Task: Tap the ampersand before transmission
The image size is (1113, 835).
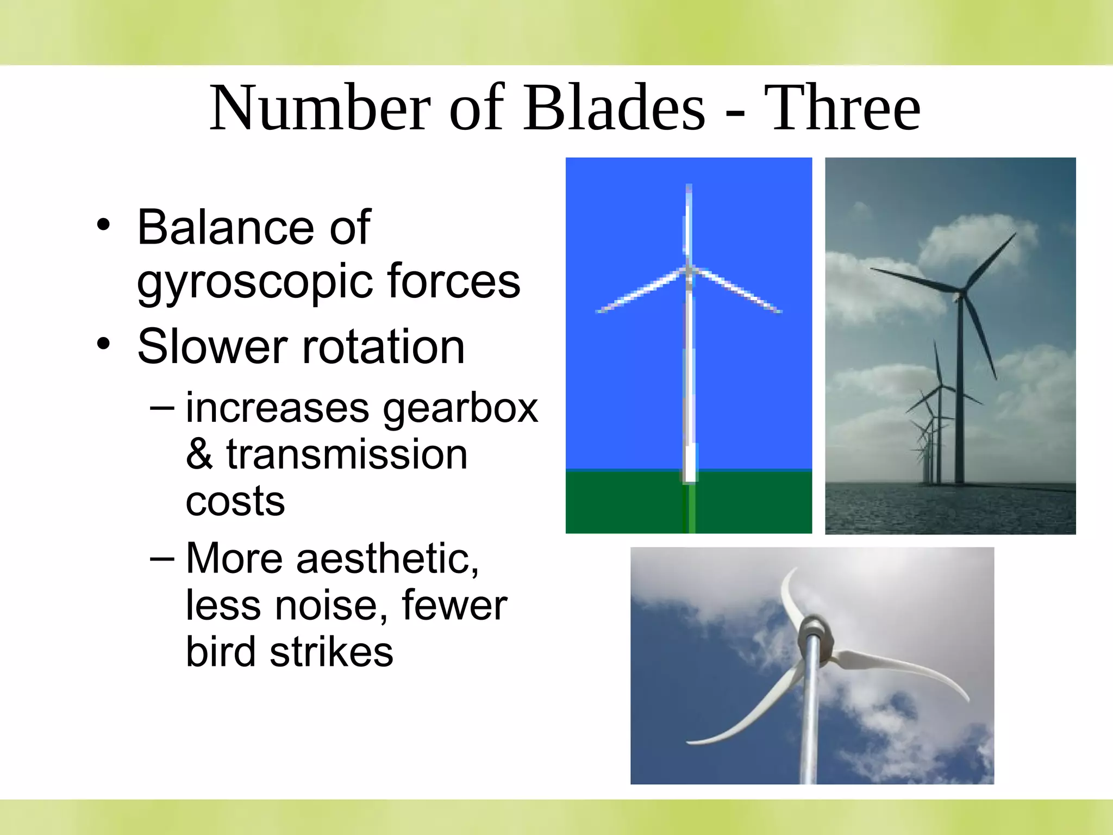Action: pyautogui.click(x=199, y=454)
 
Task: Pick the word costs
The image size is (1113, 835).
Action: pyautogui.click(x=235, y=501)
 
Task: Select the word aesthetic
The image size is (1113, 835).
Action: pyautogui.click(x=387, y=559)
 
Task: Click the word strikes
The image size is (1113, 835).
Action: pyautogui.click(x=331, y=652)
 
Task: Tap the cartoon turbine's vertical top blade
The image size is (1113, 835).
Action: pyautogui.click(x=689, y=223)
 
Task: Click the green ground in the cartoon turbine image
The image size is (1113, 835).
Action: pyautogui.click(x=625, y=503)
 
